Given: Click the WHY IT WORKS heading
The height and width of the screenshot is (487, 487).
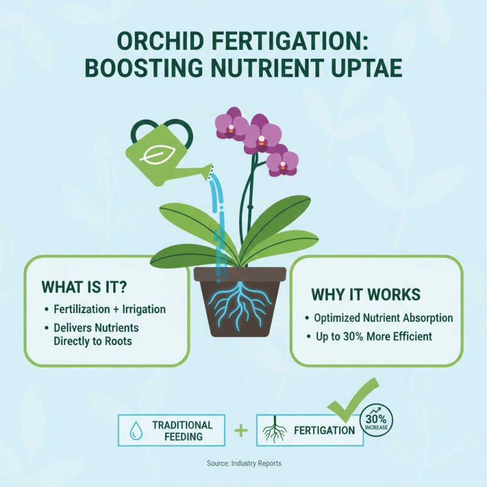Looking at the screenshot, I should tap(365, 295).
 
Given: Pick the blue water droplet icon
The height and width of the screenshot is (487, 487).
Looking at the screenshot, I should tap(135, 431).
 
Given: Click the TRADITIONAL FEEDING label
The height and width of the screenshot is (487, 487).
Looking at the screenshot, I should tap(182, 430).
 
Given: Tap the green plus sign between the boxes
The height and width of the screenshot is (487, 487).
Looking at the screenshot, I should tap(241, 431).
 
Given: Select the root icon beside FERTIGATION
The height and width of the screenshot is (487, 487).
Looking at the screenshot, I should tap(275, 431).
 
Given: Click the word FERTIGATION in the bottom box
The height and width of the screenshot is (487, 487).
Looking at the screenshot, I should tap(324, 431).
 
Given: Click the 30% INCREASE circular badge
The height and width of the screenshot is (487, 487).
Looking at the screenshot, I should tap(377, 421).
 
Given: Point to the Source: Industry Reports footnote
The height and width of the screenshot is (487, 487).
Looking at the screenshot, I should tap(243, 464).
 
